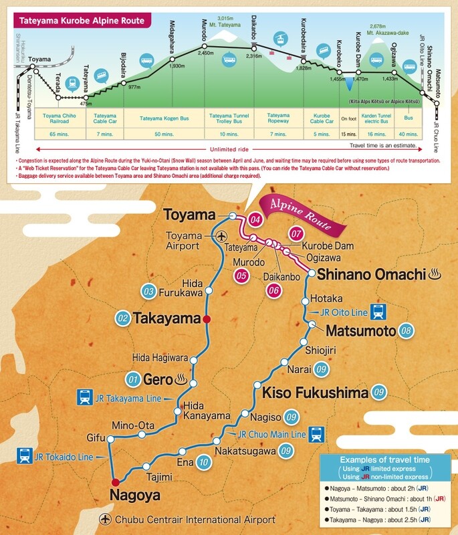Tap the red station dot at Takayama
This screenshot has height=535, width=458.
click(207, 319)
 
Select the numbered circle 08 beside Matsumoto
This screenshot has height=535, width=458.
click(405, 331)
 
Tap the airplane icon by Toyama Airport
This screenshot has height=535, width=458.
click(221, 235)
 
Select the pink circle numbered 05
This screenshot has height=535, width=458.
click(242, 274)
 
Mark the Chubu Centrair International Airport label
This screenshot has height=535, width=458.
click(194, 520)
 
